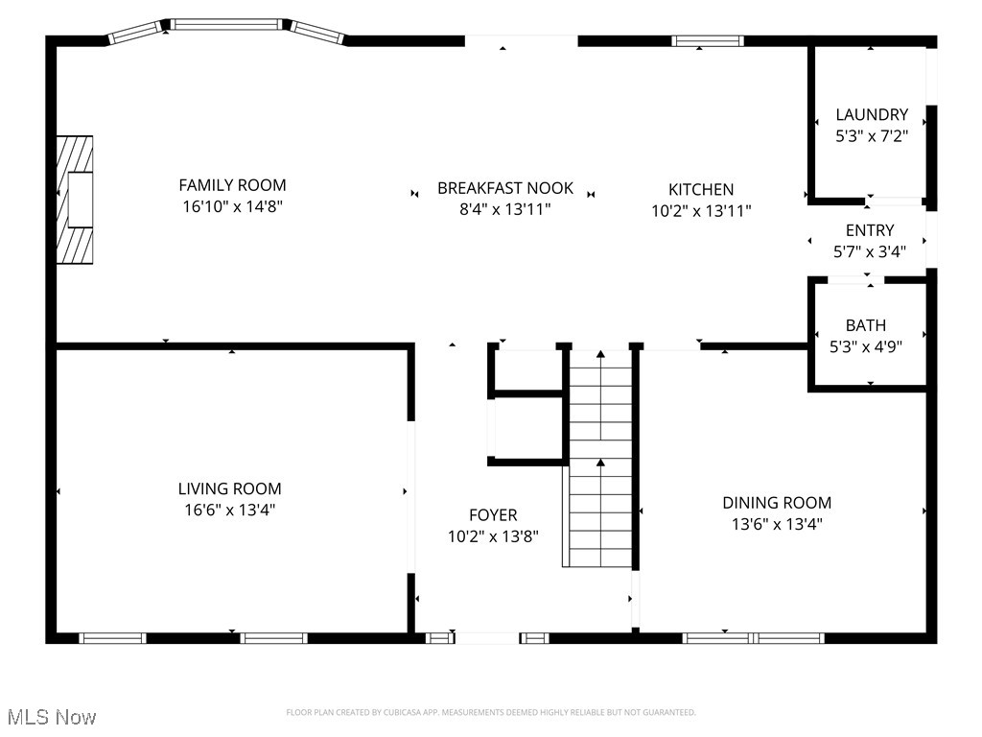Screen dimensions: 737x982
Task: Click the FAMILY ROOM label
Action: tap(232, 185)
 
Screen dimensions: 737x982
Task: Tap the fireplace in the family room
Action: tap(75, 199)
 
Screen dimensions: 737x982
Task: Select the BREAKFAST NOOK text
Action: tap(504, 188)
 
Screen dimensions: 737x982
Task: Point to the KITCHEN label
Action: tap(700, 190)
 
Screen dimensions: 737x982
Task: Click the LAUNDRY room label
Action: tap(871, 115)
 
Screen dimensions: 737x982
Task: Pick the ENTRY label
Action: tap(870, 230)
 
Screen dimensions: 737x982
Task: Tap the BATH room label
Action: tap(865, 325)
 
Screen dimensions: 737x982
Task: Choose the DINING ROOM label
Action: tap(777, 503)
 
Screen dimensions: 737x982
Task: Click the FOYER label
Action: tap(493, 515)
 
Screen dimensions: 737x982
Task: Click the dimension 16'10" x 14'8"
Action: tap(232, 206)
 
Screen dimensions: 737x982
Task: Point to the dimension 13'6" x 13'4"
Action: tap(777, 524)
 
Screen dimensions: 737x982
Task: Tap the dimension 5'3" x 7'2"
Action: tap(871, 136)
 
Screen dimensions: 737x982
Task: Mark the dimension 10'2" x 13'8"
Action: tap(493, 536)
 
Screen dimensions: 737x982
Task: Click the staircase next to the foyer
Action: tap(601, 461)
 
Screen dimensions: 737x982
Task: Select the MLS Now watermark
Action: tap(52, 717)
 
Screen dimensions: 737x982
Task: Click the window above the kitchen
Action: tap(707, 41)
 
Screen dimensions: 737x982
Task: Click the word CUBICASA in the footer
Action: tap(395, 712)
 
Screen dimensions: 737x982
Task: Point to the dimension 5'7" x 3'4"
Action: tap(870, 251)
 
